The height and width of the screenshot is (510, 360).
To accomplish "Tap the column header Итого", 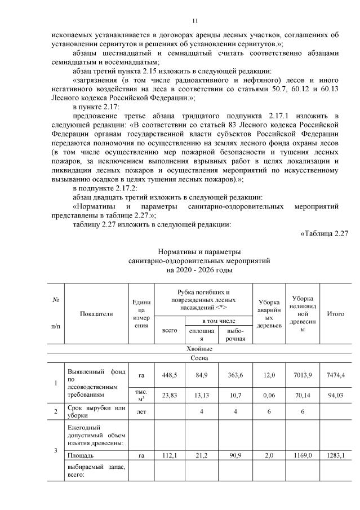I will pyautogui.click(x=336, y=313).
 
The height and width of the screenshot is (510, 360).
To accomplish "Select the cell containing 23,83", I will pyautogui.click(x=170, y=396).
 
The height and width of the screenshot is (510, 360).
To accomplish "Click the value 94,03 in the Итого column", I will pyautogui.click(x=336, y=396).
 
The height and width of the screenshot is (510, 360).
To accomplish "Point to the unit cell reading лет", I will pyautogui.click(x=141, y=412).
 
